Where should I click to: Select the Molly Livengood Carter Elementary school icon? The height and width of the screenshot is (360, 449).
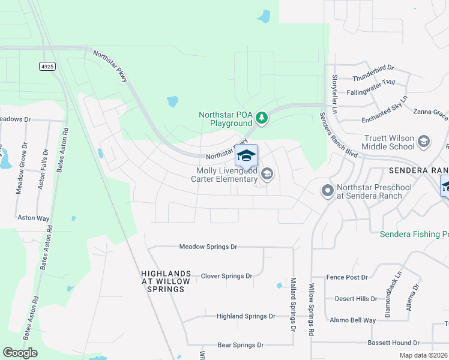click(267, 175)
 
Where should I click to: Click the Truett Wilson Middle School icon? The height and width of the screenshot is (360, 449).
click(423, 142)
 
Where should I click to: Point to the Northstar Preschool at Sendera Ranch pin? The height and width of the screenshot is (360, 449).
click(327, 191)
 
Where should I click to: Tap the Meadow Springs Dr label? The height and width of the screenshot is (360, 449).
click(209, 247)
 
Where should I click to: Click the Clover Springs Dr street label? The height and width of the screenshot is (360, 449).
click(226, 276)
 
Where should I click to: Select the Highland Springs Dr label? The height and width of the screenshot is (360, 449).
click(246, 316)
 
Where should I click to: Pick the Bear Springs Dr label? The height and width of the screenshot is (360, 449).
click(240, 345)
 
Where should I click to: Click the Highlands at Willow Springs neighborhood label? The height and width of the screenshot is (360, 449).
click(166, 281)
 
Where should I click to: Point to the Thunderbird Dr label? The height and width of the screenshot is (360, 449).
click(373, 68)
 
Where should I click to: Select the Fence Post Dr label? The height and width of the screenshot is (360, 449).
click(347, 277)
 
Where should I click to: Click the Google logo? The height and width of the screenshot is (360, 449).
click(20, 353)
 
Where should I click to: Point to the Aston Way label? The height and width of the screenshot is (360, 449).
click(34, 218)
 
